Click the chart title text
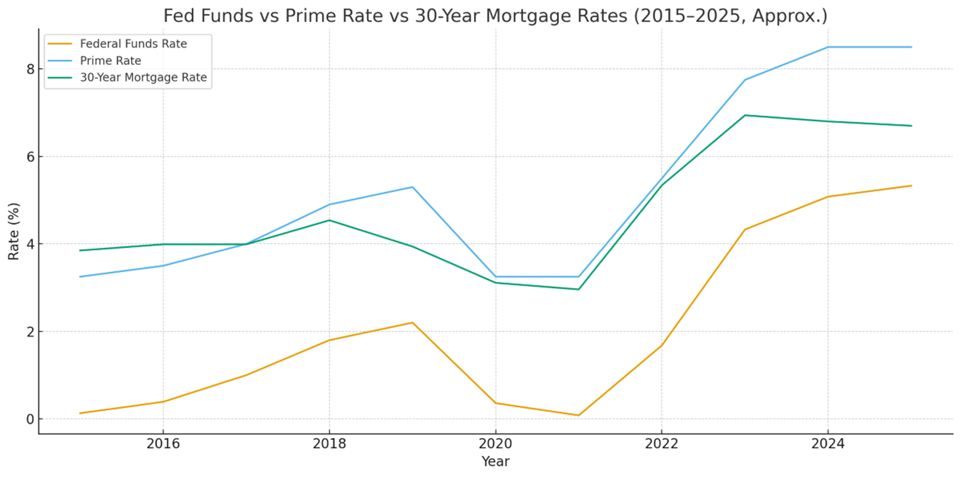pyautogui.click(x=495, y=16)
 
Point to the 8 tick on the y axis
pyautogui.click(x=30, y=69)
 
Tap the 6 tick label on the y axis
pyautogui.click(x=30, y=156)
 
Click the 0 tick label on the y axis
pyautogui.click(x=30, y=419)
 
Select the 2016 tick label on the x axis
pyautogui.click(x=163, y=444)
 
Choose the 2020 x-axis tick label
pyautogui.click(x=496, y=444)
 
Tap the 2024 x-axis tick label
pyautogui.click(x=828, y=444)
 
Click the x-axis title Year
pyautogui.click(x=496, y=461)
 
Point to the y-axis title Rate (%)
pyautogui.click(x=14, y=231)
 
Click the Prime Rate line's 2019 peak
pyautogui.click(x=412, y=187)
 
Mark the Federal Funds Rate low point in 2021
pyautogui.click(x=578, y=415)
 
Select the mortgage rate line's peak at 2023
pyautogui.click(x=745, y=115)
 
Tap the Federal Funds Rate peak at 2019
pyautogui.click(x=412, y=322)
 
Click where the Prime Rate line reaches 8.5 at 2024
pyautogui.click(x=828, y=47)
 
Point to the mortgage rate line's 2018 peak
pyautogui.click(x=329, y=220)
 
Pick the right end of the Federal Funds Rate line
pyautogui.click(x=912, y=186)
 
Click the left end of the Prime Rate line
pyautogui.click(x=80, y=277)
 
